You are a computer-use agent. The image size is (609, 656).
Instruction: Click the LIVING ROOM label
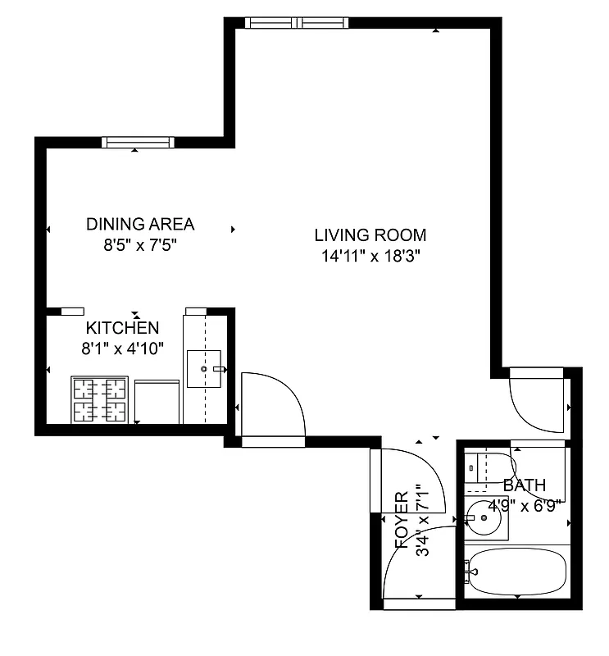pos(370,235)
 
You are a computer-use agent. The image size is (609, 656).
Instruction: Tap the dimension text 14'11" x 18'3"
pos(370,256)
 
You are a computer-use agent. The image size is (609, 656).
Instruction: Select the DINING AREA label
pos(140,224)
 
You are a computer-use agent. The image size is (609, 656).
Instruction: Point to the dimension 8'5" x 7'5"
pos(140,244)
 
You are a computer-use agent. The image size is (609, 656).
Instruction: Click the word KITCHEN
pos(123,328)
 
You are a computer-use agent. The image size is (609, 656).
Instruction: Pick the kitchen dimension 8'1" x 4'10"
pos(123,348)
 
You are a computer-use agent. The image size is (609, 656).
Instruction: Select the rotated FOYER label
pos(402,519)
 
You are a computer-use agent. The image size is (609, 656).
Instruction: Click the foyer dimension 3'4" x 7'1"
pos(423,519)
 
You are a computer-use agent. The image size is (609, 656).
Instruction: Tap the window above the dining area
pos(138,142)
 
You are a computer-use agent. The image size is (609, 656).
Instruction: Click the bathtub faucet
pos(470,569)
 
